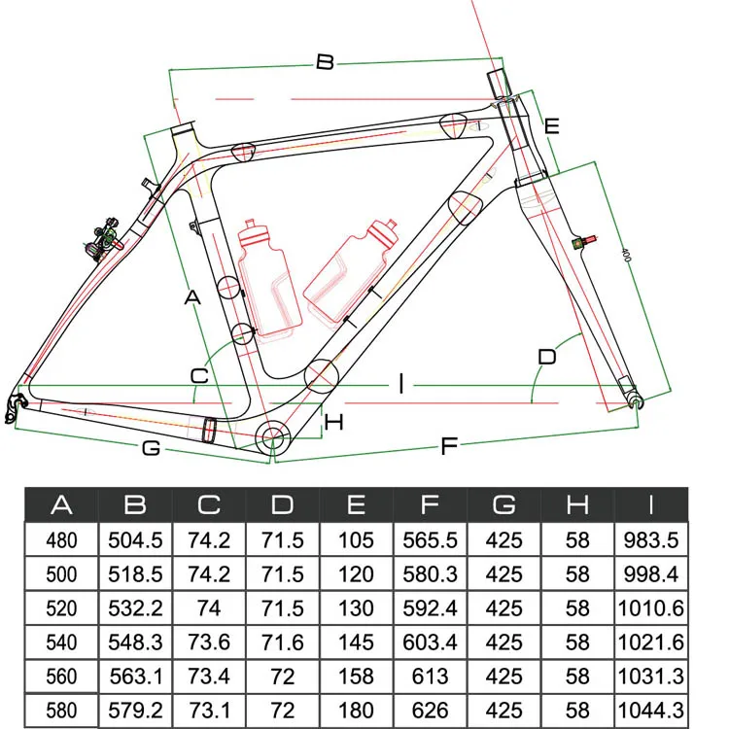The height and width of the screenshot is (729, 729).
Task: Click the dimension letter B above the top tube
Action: tap(325, 62)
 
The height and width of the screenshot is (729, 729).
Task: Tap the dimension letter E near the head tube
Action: tap(551, 125)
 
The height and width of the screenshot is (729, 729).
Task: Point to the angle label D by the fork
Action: tap(547, 357)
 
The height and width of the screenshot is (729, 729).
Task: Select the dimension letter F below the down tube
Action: tap(449, 446)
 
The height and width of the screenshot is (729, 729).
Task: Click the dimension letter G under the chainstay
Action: tap(151, 448)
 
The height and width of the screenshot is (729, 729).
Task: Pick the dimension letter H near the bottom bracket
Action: tap(334, 422)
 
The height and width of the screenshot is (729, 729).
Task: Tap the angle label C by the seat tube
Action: tap(199, 375)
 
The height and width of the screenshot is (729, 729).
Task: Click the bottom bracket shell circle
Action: tap(274, 438)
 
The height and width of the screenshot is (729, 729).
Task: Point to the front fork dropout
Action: tap(637, 399)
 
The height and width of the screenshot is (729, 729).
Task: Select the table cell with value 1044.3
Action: tap(651, 711)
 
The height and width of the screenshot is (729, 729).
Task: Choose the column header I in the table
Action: tap(651, 505)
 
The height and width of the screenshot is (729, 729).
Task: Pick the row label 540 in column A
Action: tap(61, 642)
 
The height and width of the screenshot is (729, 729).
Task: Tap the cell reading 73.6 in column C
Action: tap(209, 642)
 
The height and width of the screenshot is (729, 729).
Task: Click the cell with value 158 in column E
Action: tap(356, 677)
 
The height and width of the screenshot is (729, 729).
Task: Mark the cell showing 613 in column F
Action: tap(430, 677)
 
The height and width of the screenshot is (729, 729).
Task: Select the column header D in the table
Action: tap(283, 505)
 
